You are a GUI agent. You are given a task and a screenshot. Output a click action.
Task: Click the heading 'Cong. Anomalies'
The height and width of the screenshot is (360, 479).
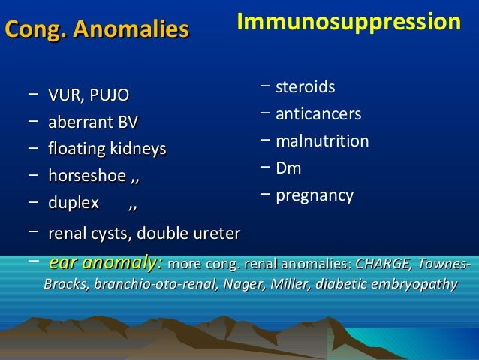tap(97, 31)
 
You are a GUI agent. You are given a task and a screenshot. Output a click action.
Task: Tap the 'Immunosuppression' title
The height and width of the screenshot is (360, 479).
tap(348, 23)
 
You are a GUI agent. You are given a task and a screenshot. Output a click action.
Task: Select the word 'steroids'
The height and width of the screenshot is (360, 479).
tap(306, 88)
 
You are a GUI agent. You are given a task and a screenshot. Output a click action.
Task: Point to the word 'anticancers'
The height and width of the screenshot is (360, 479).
tap(318, 115)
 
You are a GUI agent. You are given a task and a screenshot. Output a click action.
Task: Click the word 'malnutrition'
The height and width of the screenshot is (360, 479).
tap(322, 142)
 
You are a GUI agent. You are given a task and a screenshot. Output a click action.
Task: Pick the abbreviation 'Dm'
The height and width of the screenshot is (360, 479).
tap(288, 169)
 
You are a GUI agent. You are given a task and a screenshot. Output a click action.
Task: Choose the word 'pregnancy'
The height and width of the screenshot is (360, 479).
tap(315, 196)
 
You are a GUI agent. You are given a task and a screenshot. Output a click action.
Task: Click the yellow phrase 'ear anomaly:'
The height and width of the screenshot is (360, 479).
tap(105, 264)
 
